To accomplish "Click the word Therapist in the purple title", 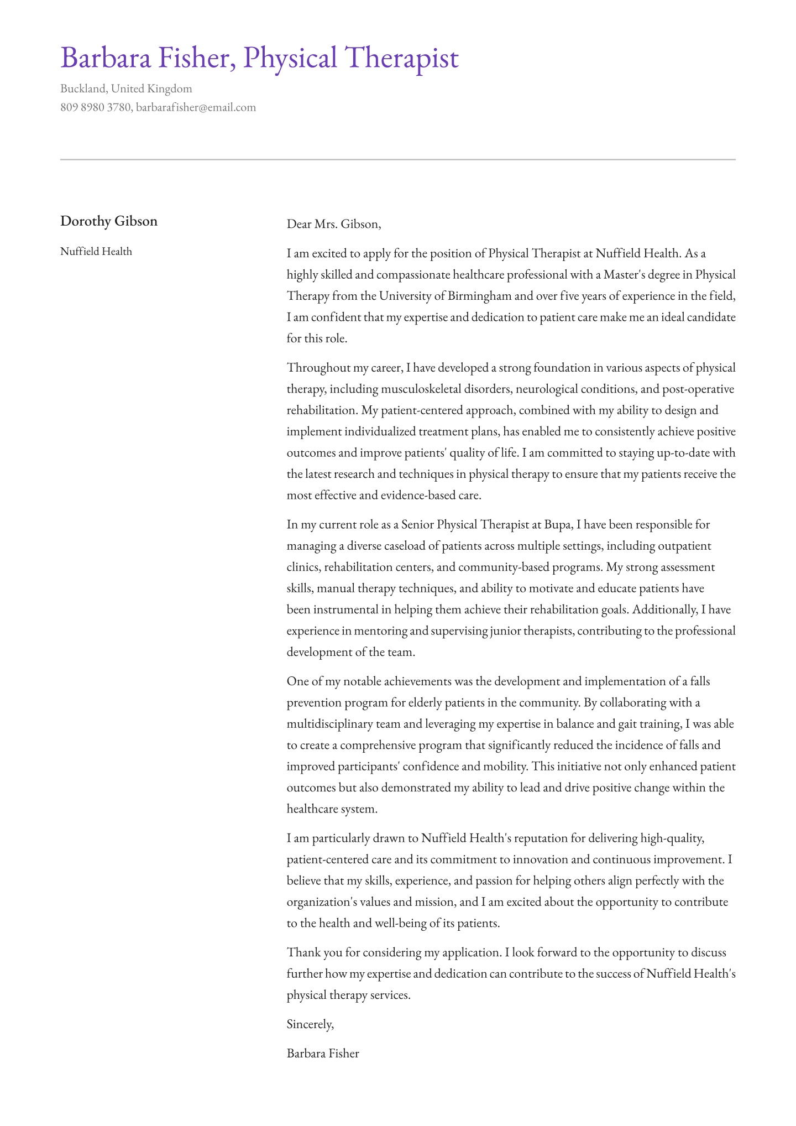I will coord(402,59).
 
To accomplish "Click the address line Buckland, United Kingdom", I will coord(126,88).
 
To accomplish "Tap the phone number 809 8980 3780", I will coord(95,107).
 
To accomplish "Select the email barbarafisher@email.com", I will coord(196,107).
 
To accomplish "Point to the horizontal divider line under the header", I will coord(398,159).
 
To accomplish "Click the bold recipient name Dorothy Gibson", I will coord(109,221).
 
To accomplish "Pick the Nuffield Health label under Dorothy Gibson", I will coord(96,252).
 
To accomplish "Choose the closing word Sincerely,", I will coord(310,1024).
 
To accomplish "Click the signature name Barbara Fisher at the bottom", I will coord(323,1054).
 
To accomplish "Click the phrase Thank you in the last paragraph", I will coord(311,952).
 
